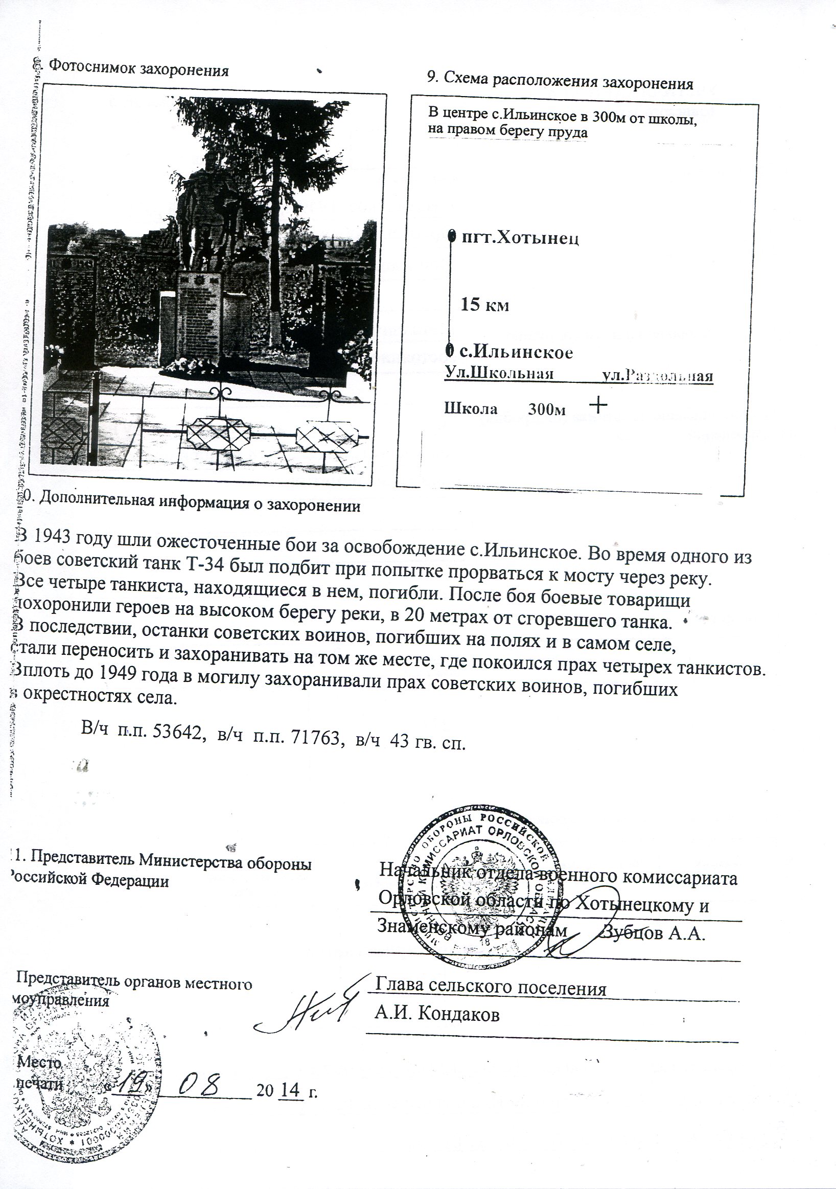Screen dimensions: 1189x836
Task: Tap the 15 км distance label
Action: tap(485, 305)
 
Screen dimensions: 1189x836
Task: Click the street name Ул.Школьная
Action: tap(499, 374)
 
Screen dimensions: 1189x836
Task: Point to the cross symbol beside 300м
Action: tap(598, 405)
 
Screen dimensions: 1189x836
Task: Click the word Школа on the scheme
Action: tap(471, 409)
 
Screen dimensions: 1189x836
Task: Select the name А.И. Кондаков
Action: tap(437, 1014)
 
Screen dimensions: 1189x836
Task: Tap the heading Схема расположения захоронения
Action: tap(559, 82)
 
